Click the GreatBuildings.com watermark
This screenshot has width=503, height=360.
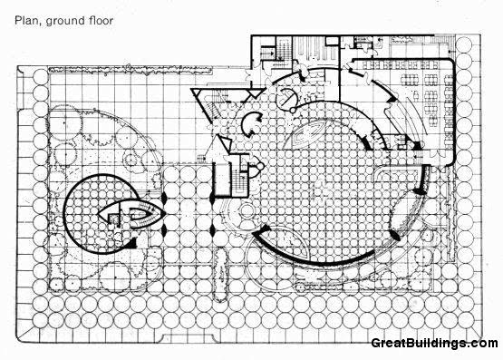tap(434, 344)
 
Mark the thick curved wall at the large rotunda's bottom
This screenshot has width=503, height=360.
tap(308, 257)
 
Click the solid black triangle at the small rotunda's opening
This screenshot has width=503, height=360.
tap(133, 243)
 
